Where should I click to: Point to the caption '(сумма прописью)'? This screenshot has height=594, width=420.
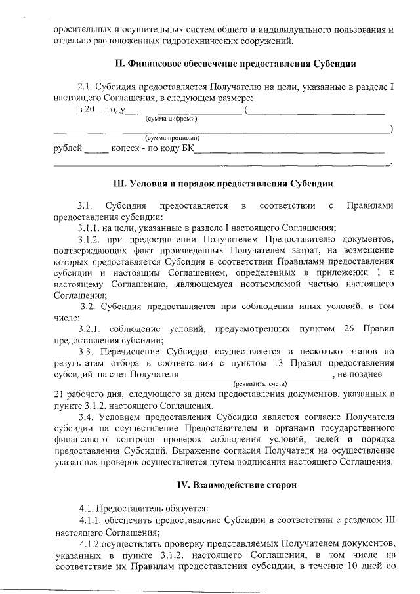(x=172, y=138)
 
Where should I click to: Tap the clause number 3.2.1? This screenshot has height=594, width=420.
(x=90, y=328)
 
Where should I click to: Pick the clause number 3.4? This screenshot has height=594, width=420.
(x=86, y=417)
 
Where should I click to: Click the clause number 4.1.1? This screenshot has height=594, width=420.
(x=91, y=521)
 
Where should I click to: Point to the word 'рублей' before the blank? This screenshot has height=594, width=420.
(x=68, y=149)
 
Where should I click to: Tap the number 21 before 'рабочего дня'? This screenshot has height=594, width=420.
(x=58, y=394)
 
